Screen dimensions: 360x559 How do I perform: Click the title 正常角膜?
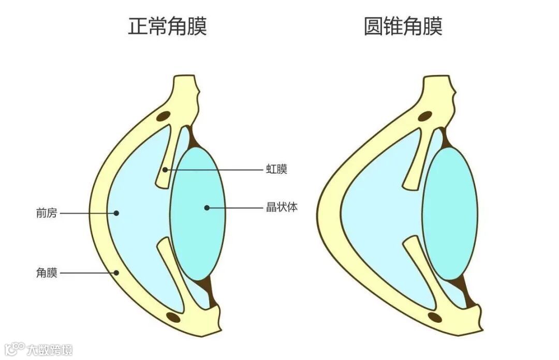tap(167, 26)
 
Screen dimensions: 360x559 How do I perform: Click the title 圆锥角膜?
tap(403, 26)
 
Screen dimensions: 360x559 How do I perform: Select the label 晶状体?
tap(282, 208)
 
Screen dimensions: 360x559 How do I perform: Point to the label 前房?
tap(46, 213)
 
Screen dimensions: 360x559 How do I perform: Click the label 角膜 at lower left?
tap(46, 273)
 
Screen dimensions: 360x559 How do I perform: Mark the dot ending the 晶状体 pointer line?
tap(207, 208)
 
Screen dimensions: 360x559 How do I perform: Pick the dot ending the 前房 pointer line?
tap(116, 213)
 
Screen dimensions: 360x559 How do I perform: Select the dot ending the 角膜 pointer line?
tap(116, 273)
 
